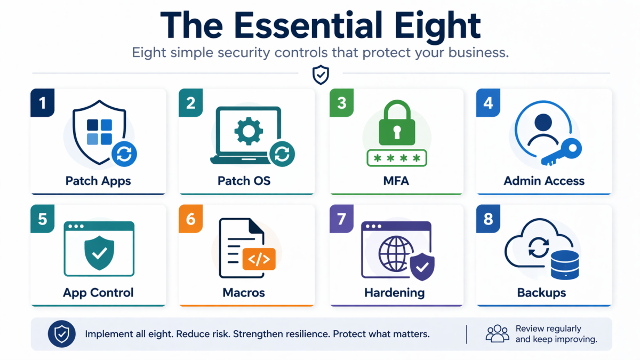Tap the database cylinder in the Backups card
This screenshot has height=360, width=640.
point(564,265)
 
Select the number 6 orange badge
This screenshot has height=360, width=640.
point(191,219)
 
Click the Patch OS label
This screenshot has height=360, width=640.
point(244,181)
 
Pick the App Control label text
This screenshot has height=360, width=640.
point(98,293)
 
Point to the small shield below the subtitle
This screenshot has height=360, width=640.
point(320,75)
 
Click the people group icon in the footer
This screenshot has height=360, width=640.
point(498,334)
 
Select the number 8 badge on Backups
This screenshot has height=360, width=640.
point(488,219)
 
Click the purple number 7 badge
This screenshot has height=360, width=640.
point(342,219)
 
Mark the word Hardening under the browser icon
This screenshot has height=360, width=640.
point(395,293)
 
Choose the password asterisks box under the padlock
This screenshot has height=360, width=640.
point(395,159)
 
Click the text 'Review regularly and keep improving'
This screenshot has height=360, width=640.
point(556,334)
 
